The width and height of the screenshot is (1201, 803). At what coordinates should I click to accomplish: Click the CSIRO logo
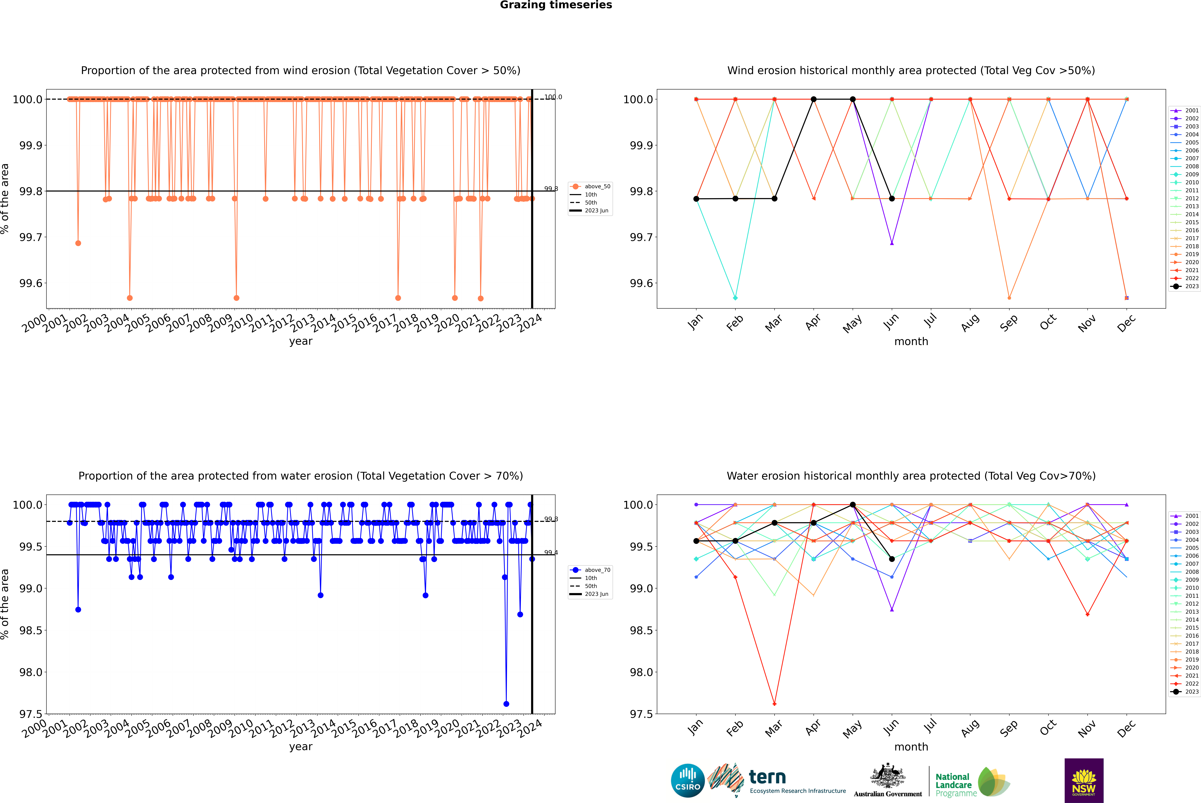(x=688, y=781)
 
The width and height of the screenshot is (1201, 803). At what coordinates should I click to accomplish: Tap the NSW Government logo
(x=1084, y=781)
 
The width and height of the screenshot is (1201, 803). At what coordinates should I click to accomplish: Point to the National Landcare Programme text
(x=953, y=785)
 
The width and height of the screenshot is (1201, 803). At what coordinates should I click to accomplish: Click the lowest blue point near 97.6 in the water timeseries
(x=506, y=704)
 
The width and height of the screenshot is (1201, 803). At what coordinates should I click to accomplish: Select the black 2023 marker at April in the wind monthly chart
(x=813, y=99)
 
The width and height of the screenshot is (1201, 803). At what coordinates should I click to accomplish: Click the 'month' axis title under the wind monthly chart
(x=911, y=341)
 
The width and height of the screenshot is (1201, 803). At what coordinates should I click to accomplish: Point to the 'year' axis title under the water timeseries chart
(x=300, y=746)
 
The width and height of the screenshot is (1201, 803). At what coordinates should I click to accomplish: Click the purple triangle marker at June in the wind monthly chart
(x=892, y=243)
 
